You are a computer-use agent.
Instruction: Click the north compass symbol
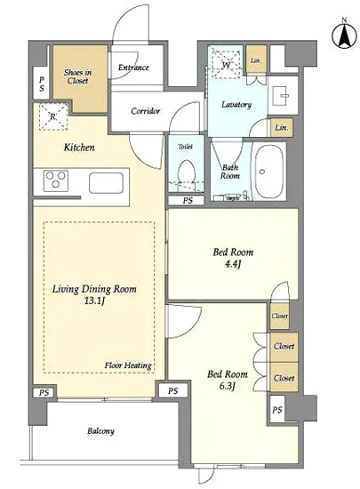click(x=344, y=35)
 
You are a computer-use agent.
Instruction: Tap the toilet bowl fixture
click(x=187, y=174)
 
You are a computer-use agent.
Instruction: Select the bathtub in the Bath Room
click(x=269, y=172)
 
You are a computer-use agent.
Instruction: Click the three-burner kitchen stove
click(x=56, y=180)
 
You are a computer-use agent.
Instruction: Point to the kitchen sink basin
click(x=106, y=183)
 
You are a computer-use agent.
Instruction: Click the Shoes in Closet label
click(x=77, y=76)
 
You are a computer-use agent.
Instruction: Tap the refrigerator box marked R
click(x=53, y=117)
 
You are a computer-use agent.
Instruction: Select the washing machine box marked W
click(x=226, y=65)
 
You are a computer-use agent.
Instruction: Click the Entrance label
click(x=133, y=68)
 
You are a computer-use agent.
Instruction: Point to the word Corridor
click(x=146, y=111)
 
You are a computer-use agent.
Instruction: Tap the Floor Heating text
click(x=128, y=365)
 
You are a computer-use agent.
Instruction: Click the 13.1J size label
click(x=94, y=301)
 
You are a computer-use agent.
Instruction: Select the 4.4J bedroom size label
click(x=233, y=264)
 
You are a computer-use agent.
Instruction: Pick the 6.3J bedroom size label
click(x=227, y=387)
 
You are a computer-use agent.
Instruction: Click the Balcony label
click(x=100, y=431)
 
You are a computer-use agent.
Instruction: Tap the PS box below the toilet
click(x=187, y=201)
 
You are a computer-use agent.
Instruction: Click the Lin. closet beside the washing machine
click(x=257, y=60)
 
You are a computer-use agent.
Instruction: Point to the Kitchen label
click(x=79, y=148)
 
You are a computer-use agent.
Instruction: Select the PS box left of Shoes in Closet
click(x=41, y=84)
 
